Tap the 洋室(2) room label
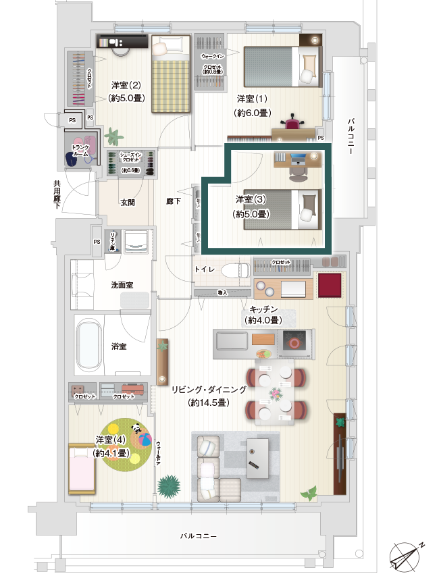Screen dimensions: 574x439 click(126, 86)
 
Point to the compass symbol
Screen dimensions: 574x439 click(407, 555)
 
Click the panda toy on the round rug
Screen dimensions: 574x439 click(137, 427)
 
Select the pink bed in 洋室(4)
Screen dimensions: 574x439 click(83, 470)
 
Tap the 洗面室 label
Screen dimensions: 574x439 click(122, 285)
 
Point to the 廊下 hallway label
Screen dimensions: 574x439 click(174, 201)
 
